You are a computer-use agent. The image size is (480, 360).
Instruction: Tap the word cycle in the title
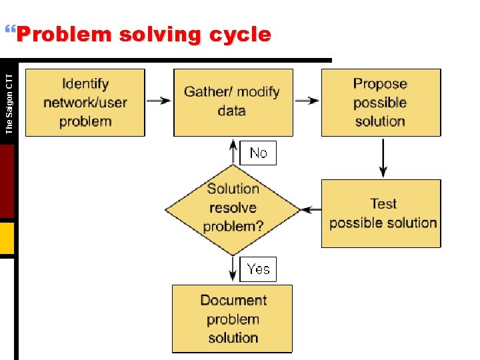[239, 35]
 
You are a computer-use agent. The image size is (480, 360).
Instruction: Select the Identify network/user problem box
[85, 103]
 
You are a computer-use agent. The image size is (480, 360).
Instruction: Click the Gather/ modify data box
[232, 102]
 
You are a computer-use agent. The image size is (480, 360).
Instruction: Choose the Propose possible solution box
[380, 103]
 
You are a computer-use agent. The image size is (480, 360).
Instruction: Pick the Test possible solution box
[381, 213]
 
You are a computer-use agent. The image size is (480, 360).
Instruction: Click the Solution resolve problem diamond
[233, 207]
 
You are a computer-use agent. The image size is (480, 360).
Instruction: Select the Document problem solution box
[233, 319]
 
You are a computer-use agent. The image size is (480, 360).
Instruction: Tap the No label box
[258, 153]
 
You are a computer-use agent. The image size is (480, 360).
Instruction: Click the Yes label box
[258, 269]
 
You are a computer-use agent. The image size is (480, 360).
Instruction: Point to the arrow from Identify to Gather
[159, 101]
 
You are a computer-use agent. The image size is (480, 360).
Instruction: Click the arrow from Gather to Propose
[307, 101]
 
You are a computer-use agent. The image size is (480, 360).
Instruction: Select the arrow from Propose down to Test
[383, 157]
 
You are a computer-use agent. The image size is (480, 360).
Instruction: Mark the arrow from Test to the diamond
[311, 209]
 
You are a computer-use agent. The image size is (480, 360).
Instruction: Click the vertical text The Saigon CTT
[9, 99]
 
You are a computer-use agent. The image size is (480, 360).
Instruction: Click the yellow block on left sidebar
[7, 239]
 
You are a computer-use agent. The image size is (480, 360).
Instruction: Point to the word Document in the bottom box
[233, 300]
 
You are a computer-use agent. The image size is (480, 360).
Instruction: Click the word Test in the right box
[383, 204]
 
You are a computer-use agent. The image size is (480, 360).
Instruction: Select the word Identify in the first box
[85, 84]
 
